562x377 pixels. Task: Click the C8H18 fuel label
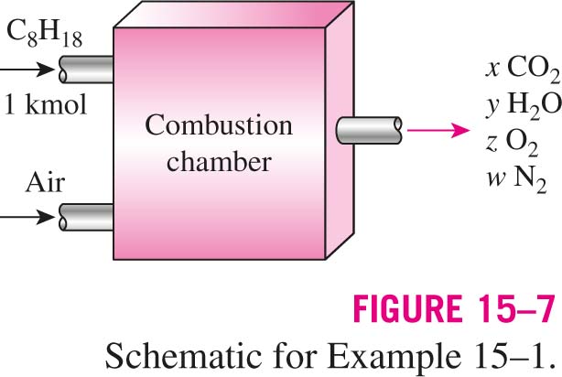click(45, 35)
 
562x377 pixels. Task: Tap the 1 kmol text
click(45, 104)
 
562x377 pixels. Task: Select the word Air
click(45, 183)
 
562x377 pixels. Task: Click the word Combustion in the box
click(219, 125)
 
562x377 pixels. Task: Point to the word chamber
click(219, 161)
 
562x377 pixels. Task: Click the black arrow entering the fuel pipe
click(27, 69)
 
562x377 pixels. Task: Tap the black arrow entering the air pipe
click(27, 217)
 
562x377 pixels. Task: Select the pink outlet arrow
click(438, 130)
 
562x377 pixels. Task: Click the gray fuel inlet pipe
click(86, 70)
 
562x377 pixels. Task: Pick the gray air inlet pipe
click(86, 217)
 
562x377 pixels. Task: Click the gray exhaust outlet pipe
click(369, 131)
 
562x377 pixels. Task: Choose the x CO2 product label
click(523, 69)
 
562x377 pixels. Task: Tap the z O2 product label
click(513, 142)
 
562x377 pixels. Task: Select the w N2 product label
click(517, 179)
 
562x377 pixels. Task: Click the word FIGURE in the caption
click(407, 309)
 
